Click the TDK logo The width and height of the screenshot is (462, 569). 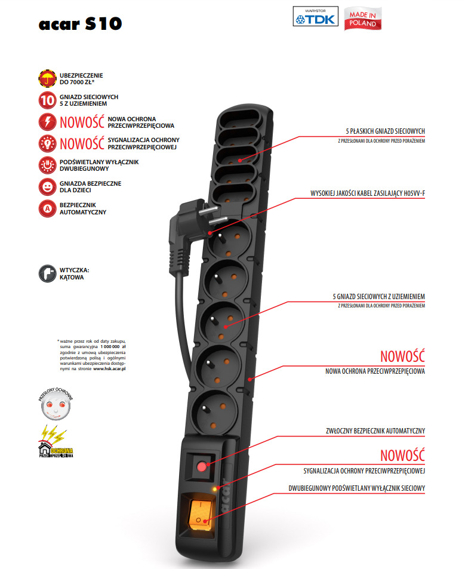click(316, 17)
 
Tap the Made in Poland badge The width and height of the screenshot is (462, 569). click(364, 19)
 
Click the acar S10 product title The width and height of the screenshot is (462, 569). click(80, 24)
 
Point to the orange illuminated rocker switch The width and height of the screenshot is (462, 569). click(199, 514)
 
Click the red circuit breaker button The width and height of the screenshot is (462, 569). click(202, 466)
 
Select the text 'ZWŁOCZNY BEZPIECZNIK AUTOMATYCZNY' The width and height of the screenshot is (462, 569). click(371, 430)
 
